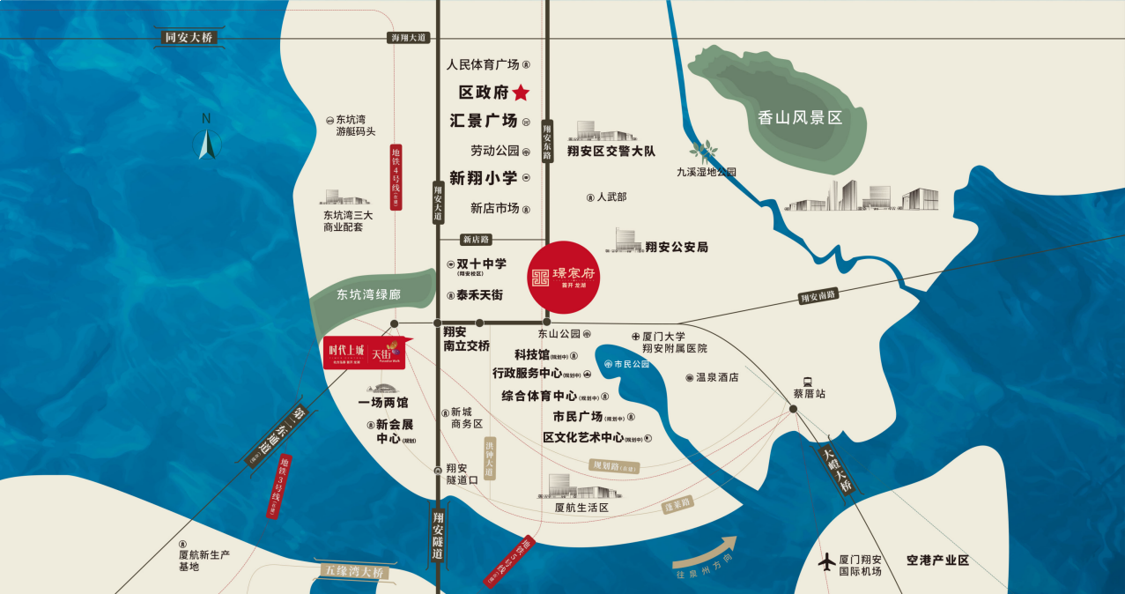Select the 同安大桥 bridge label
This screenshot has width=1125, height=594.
(x=189, y=37)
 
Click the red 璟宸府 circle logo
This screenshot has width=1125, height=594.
(x=562, y=277)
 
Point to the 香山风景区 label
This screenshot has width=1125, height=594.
(x=800, y=117)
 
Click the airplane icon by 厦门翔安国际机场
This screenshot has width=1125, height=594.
(x=826, y=561)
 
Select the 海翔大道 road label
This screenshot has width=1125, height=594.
(x=407, y=38)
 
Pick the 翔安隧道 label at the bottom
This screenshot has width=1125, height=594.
(x=438, y=538)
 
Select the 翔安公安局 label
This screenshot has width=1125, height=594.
(x=676, y=248)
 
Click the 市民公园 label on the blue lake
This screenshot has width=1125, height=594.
(x=631, y=363)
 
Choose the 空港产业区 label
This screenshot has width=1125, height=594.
(x=937, y=561)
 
